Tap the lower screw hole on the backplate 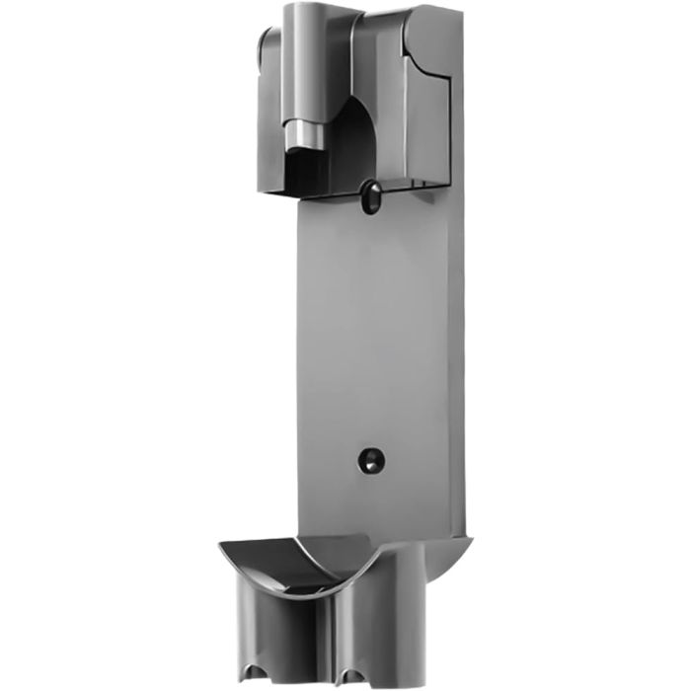point(369,460)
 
